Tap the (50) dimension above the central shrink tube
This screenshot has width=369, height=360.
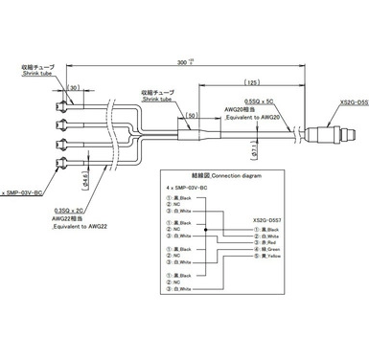tap(193, 114)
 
